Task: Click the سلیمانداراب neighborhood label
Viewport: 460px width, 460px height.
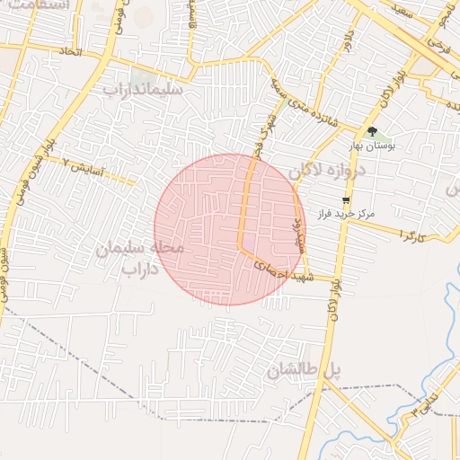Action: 143,90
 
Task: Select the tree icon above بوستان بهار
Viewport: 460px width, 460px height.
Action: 372,132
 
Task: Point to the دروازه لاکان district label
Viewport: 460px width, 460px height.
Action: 329,172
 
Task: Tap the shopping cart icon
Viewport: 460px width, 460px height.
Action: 346,200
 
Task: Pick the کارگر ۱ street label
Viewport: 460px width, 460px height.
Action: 412,235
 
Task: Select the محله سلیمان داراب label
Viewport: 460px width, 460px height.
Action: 139,257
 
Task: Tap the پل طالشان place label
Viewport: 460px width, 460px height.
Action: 305,369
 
